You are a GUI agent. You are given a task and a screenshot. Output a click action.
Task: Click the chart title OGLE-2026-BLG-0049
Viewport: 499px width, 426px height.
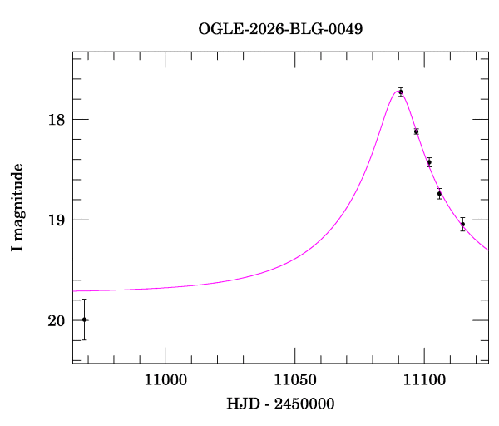[280, 29]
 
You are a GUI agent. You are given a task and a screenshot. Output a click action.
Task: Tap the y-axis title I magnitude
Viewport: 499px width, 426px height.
[17, 208]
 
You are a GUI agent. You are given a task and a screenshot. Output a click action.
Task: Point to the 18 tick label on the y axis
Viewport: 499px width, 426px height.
[56, 119]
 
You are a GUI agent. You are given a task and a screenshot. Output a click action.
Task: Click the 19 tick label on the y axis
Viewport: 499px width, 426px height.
[56, 220]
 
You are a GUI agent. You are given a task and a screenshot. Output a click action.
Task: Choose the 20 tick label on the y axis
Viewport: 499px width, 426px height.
[56, 320]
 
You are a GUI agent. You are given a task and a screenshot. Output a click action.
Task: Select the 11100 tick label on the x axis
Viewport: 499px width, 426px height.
[423, 380]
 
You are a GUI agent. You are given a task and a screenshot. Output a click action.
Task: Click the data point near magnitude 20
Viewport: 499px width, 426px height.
[84, 319]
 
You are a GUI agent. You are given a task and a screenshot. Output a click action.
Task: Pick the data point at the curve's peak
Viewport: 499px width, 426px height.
[401, 92]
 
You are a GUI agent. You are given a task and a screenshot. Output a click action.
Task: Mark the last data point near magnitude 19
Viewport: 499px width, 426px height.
[462, 224]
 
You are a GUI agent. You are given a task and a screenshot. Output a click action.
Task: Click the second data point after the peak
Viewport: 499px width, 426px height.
[429, 162]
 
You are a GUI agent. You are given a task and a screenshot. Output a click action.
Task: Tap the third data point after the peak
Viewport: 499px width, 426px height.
[439, 194]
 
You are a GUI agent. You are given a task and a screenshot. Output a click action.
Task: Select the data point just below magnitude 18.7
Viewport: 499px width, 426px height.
[439, 194]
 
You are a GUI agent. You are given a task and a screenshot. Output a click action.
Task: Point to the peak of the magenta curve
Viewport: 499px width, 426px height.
[398, 90]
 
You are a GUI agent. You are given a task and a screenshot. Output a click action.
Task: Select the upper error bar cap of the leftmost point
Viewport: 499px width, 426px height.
[84, 300]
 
